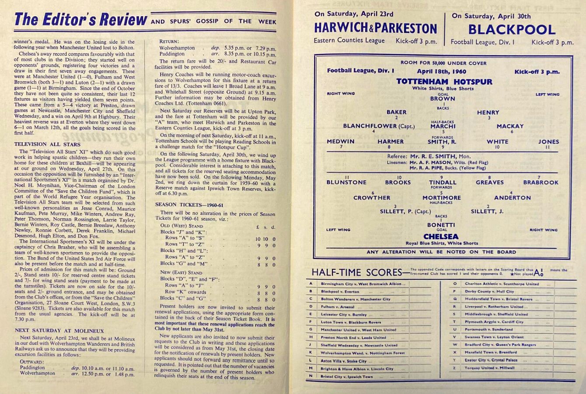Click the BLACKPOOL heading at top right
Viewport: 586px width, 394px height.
512,30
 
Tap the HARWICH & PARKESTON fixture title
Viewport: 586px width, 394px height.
375,28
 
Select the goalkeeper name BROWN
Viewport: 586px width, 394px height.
442,98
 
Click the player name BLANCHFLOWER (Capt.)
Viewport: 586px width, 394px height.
379,126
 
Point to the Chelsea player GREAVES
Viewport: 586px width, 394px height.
489,182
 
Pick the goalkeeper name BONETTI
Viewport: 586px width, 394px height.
441,225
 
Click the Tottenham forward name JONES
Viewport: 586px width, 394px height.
548,141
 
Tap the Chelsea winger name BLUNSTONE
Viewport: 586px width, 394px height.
346,182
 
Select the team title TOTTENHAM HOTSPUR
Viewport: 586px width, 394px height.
444,81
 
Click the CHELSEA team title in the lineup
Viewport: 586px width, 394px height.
441,236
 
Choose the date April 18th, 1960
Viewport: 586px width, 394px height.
441,71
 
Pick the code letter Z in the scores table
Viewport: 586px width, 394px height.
455,368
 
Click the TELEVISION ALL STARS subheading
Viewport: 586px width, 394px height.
47,144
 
